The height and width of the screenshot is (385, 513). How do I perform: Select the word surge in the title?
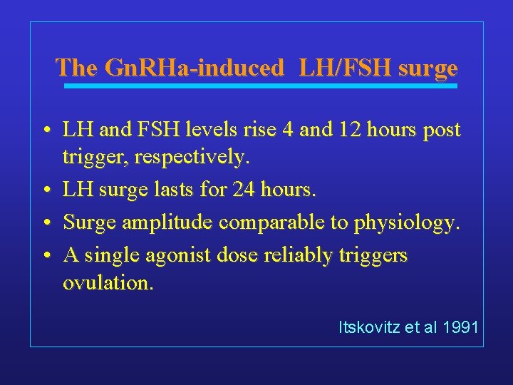point(427,68)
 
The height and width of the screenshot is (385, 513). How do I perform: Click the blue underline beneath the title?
point(260,86)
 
